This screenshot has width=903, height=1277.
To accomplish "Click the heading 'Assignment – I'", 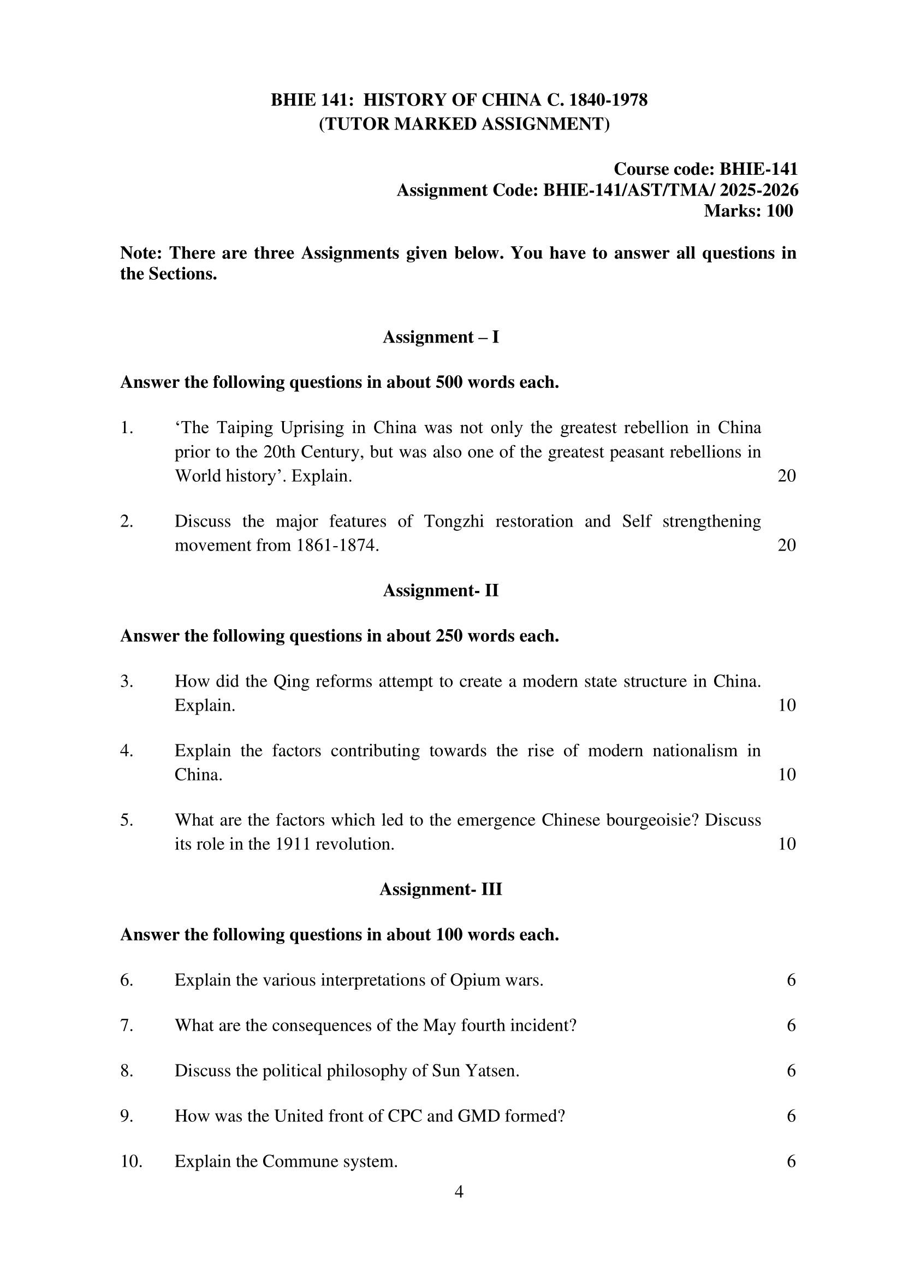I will click(x=441, y=337).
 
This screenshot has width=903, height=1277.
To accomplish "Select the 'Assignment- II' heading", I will click(x=441, y=590).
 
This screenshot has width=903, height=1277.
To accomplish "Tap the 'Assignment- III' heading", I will click(x=441, y=889).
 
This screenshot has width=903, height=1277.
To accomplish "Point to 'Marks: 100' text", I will click(x=748, y=211).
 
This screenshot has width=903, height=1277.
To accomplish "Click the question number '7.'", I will click(x=127, y=1025).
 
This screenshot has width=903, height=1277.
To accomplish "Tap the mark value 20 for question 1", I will click(x=787, y=476).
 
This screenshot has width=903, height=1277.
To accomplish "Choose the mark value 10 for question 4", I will click(x=787, y=774).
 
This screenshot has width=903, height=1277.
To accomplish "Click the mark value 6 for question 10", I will click(x=791, y=1161).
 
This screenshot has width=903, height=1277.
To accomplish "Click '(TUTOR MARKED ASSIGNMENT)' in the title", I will click(x=464, y=123).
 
